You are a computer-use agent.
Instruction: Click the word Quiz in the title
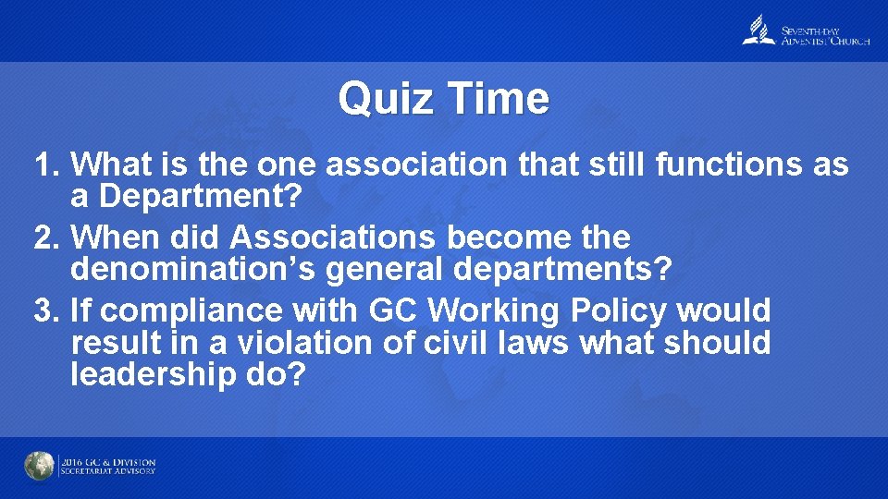point(385,98)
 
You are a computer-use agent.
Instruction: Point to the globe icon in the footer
point(39,466)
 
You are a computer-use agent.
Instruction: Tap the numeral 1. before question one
point(47,164)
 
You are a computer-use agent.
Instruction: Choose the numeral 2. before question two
point(47,237)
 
